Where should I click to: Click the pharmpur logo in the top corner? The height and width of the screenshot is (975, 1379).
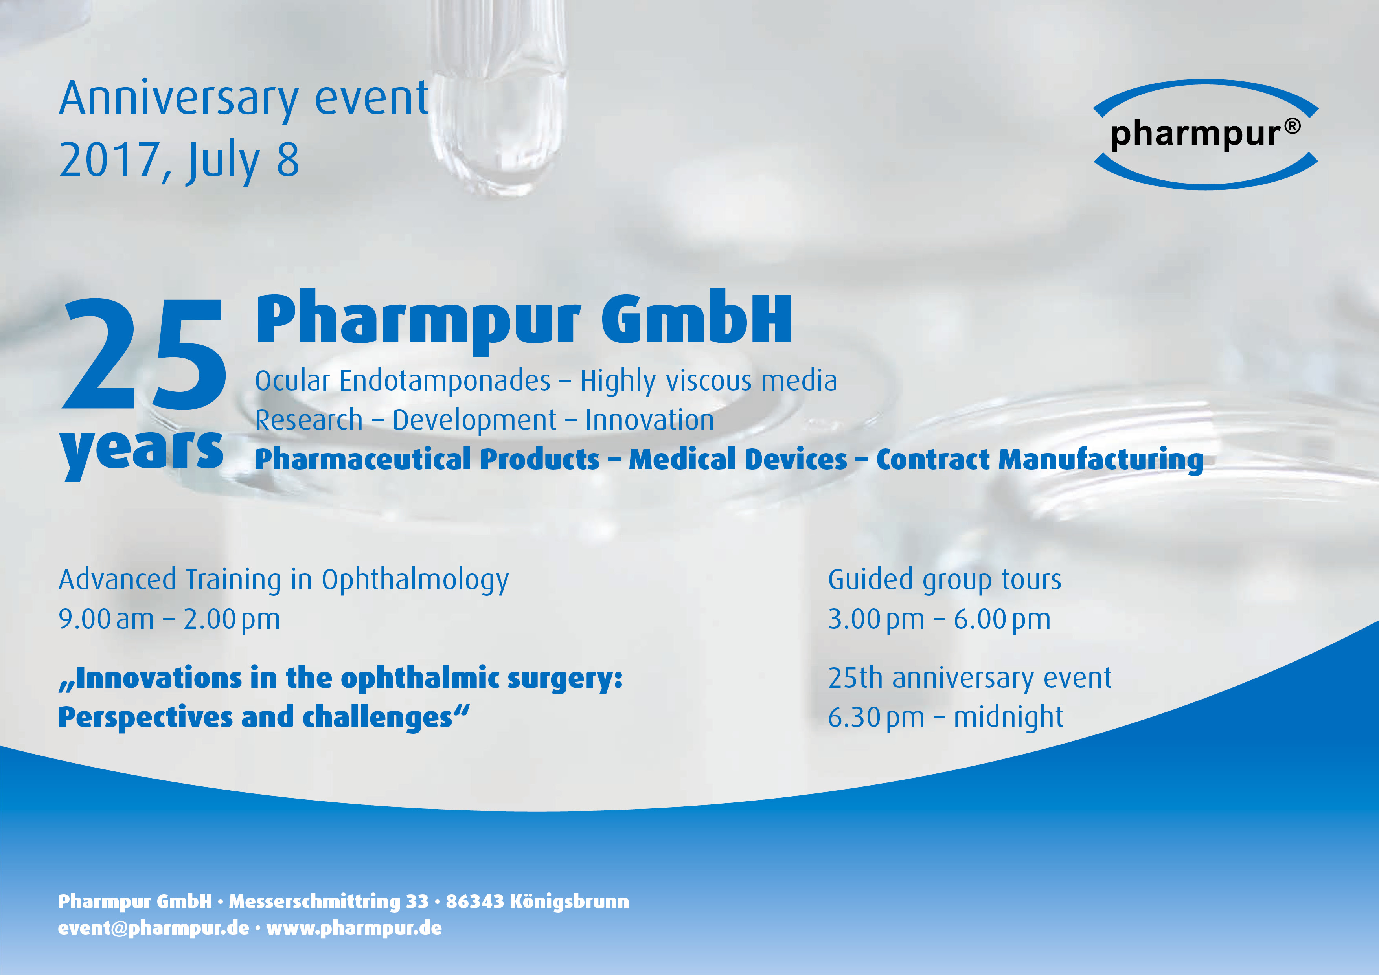coord(1205,134)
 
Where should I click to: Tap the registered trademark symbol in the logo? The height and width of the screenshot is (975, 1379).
coord(1293,127)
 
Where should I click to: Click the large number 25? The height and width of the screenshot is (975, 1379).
coord(144,354)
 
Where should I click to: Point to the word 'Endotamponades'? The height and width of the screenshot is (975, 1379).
coord(445,381)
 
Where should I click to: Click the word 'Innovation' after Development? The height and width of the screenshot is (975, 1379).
coord(650,420)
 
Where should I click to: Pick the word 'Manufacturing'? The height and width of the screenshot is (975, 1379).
coord(1100,460)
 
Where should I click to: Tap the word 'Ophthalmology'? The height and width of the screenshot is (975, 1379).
coord(415,580)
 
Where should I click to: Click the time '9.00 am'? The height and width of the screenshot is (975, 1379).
coord(106,619)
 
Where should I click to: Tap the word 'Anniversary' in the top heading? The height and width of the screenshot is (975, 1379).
coord(178,99)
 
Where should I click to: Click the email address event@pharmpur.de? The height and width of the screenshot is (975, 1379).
coord(154,928)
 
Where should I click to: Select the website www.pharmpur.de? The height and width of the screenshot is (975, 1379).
coord(354,928)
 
